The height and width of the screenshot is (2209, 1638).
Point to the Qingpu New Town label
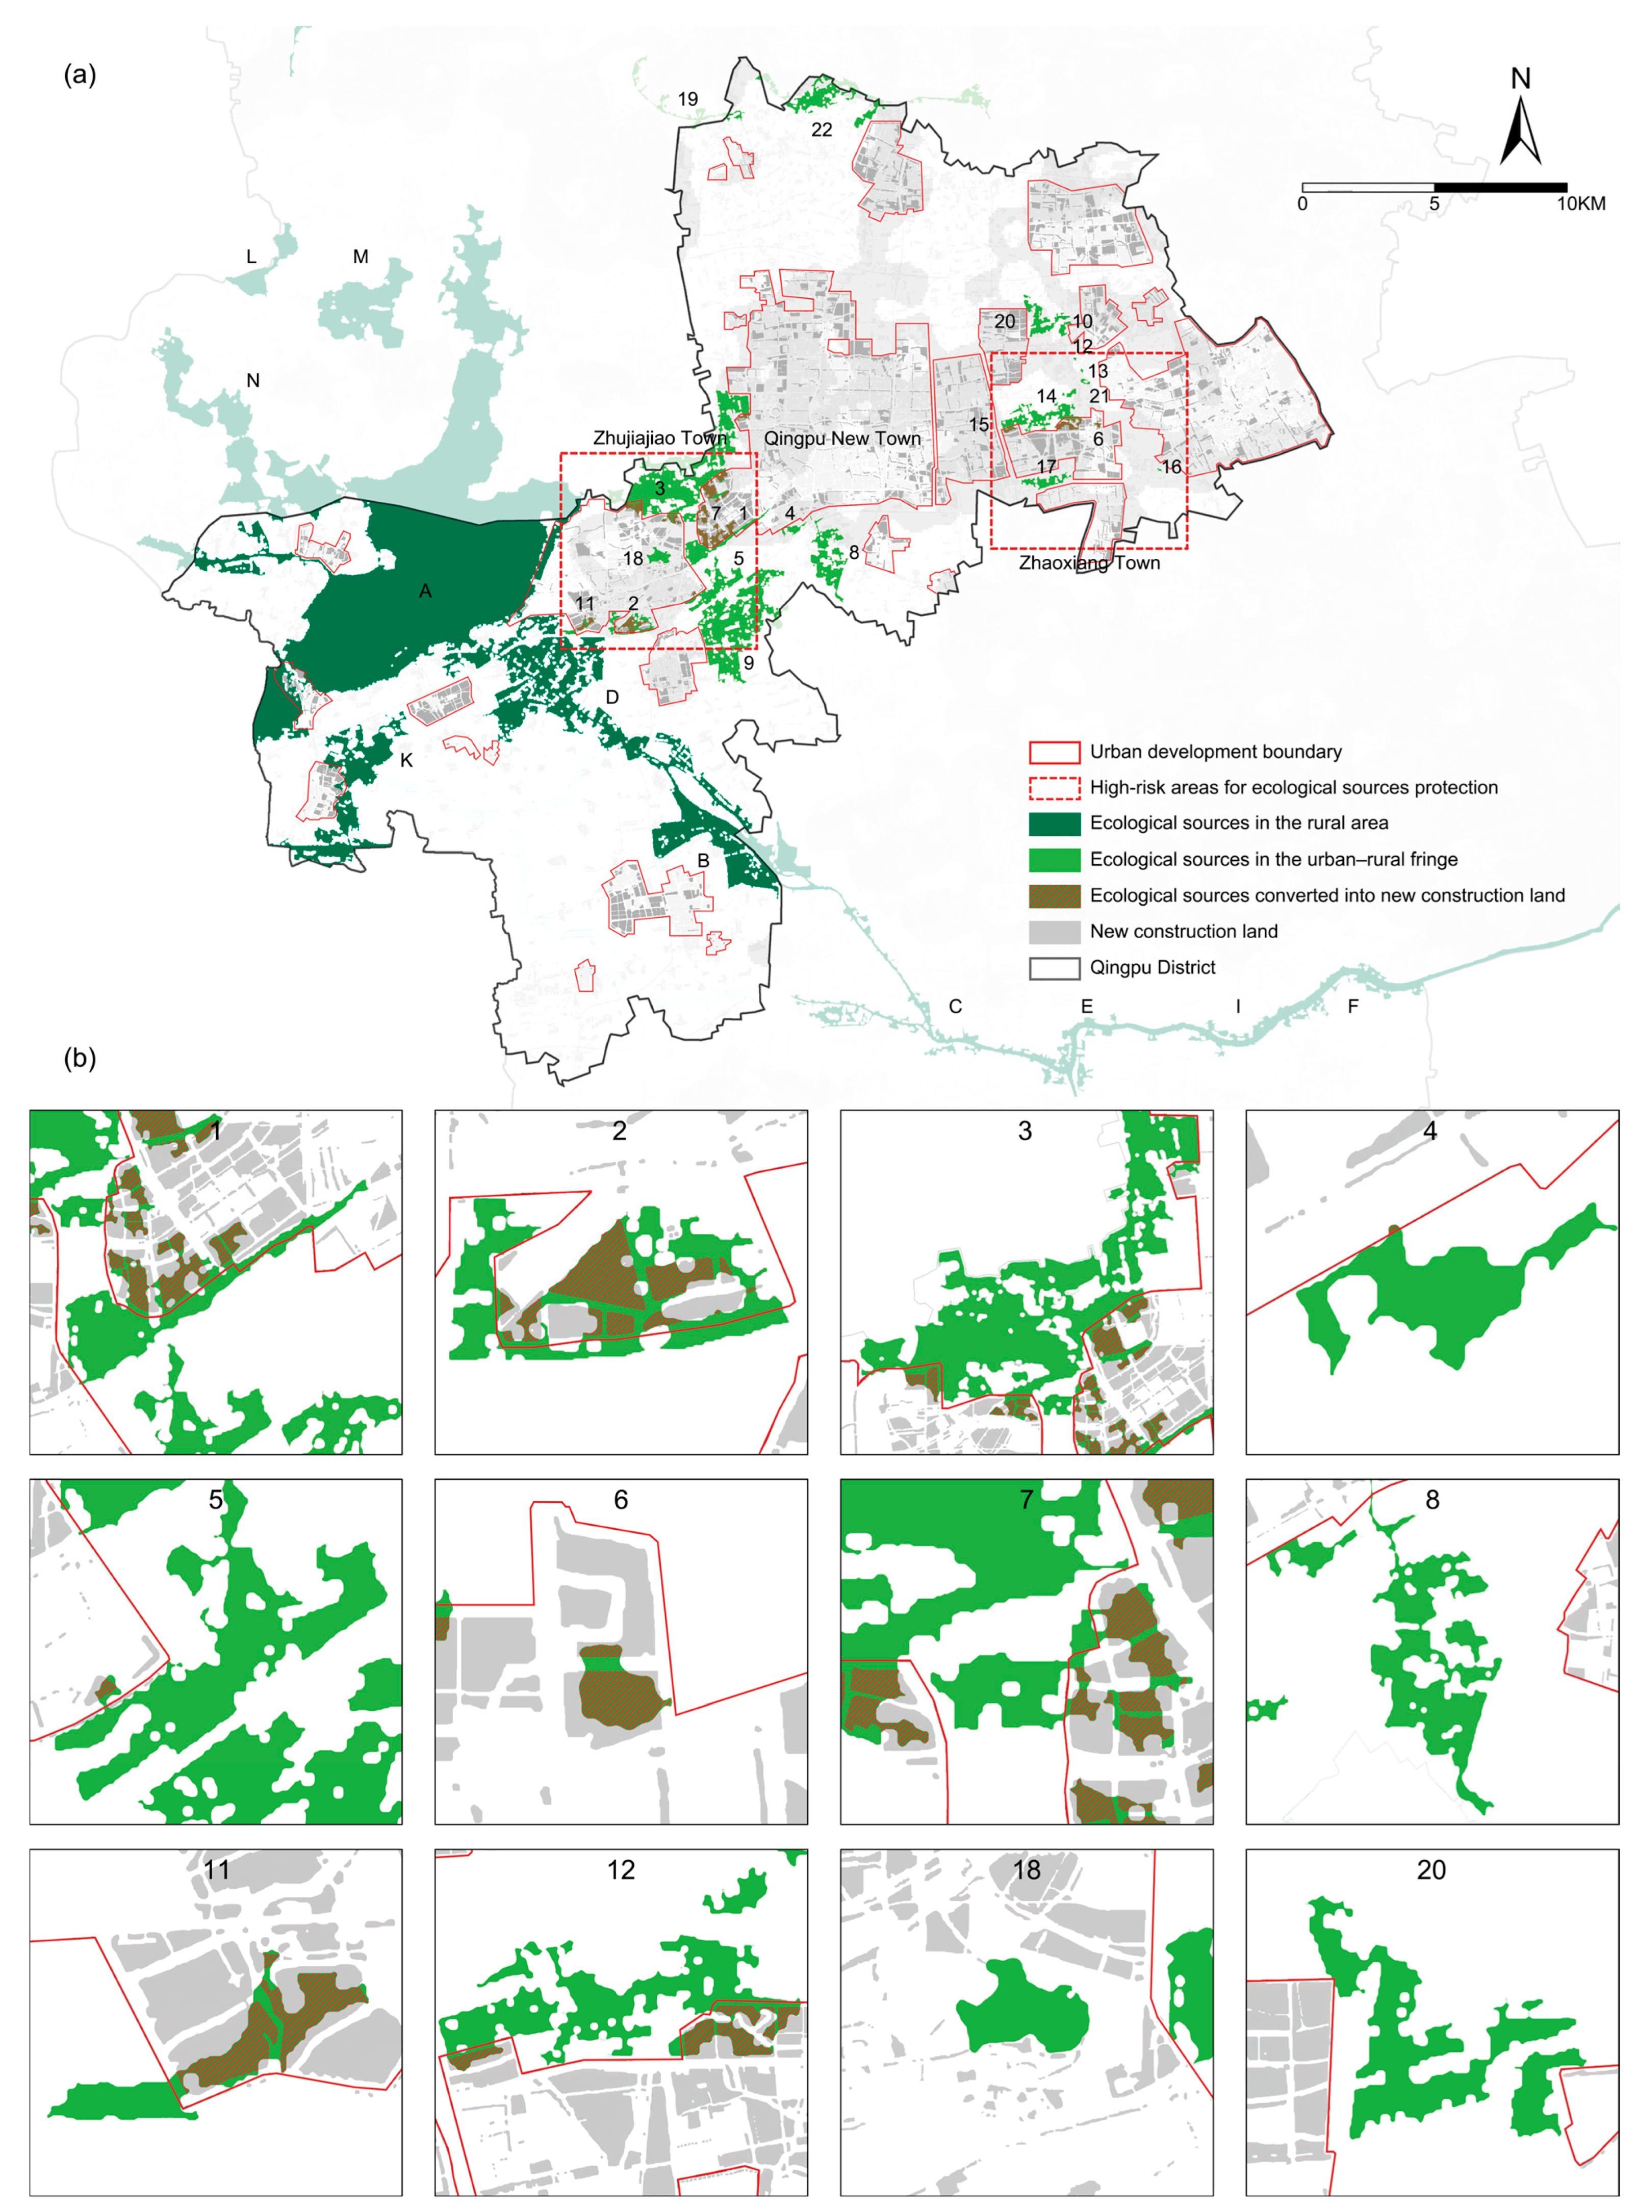842,438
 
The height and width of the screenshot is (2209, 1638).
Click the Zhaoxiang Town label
1089,563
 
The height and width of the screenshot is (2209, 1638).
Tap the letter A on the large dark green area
425,591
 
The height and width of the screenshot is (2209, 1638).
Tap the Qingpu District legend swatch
1054,968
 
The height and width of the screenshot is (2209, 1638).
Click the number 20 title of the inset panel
1431,1870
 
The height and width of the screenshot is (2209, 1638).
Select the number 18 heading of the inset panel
1026,1870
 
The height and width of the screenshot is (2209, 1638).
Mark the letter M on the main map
361,257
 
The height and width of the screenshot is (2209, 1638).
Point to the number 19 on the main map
687,99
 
